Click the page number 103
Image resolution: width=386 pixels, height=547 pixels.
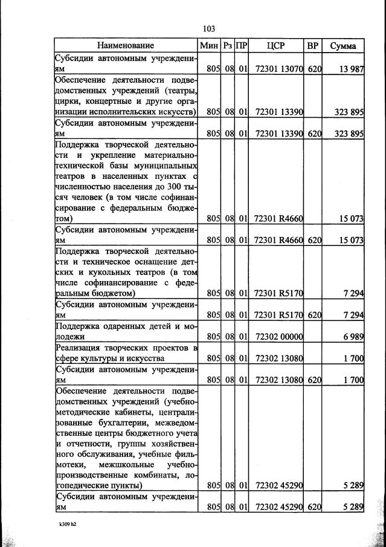210,28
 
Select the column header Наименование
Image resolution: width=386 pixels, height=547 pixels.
126,45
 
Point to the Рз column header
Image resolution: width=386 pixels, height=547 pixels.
228,45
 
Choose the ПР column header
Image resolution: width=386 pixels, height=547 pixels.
242,45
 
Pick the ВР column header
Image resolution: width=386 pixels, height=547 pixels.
312,45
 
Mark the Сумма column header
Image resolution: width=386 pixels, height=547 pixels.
343,46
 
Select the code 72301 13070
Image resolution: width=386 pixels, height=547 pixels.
280,70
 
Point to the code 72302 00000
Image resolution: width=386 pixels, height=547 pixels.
280,335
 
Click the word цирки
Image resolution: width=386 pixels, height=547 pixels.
67,101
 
